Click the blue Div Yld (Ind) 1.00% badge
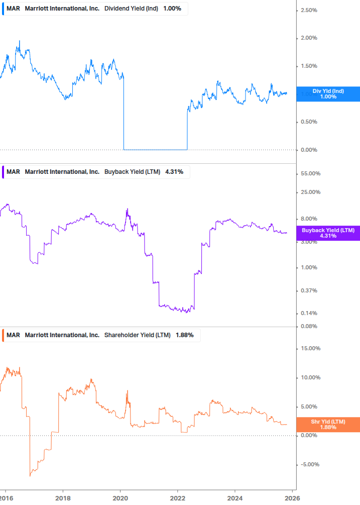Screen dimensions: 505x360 328,94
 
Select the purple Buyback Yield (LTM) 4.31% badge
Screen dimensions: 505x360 328,233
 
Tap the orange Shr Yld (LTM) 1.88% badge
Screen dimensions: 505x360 328,425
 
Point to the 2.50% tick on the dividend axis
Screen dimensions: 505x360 309,10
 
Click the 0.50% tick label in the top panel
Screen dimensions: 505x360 309,122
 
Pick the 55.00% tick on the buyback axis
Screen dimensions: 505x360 310,174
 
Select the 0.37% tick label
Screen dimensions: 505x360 309,291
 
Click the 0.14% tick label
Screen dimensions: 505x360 309,314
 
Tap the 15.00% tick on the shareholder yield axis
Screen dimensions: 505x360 310,349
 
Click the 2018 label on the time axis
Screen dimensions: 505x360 63,498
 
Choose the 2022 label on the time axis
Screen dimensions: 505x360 178,498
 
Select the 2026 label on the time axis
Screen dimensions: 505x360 292,498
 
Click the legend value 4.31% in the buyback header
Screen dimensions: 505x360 174,172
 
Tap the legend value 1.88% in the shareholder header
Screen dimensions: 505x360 184,335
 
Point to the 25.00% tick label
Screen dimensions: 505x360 310,192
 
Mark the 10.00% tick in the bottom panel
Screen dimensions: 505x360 310,378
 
